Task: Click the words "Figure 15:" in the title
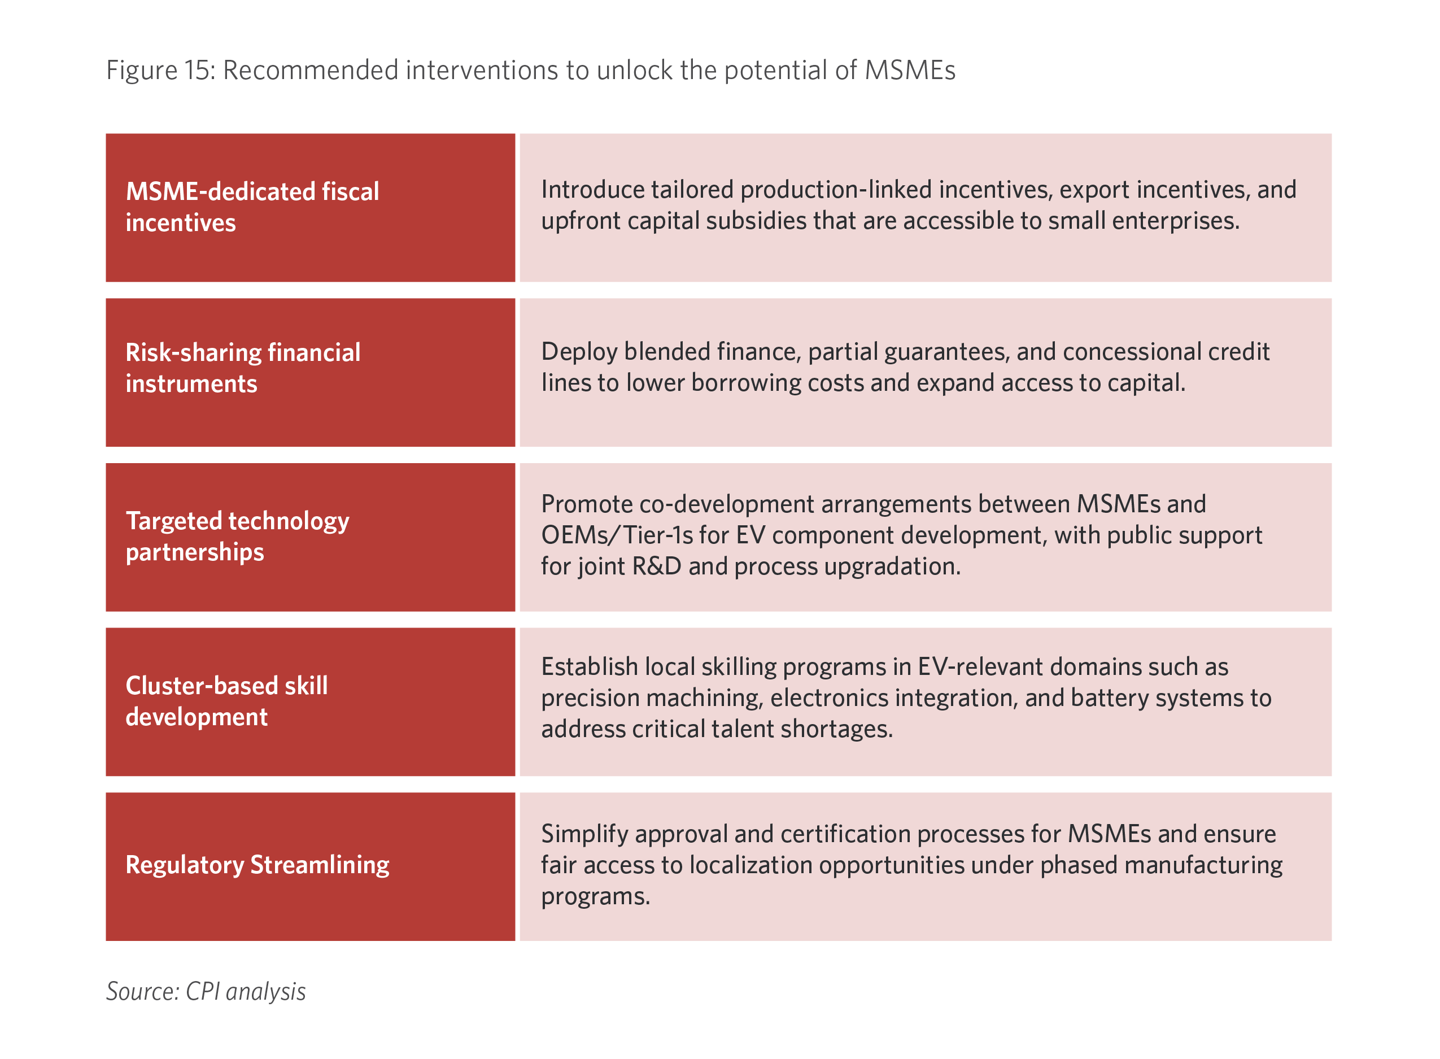[161, 71]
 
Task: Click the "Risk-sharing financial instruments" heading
[243, 368]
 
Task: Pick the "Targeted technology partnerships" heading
[237, 537]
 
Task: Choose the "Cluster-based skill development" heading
[227, 701]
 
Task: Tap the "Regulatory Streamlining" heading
[257, 865]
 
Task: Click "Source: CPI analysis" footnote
[206, 991]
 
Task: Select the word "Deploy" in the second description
[579, 352]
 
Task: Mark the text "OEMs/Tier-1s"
[617, 535]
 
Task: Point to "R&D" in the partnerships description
[656, 566]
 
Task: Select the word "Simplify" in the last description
[584, 835]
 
